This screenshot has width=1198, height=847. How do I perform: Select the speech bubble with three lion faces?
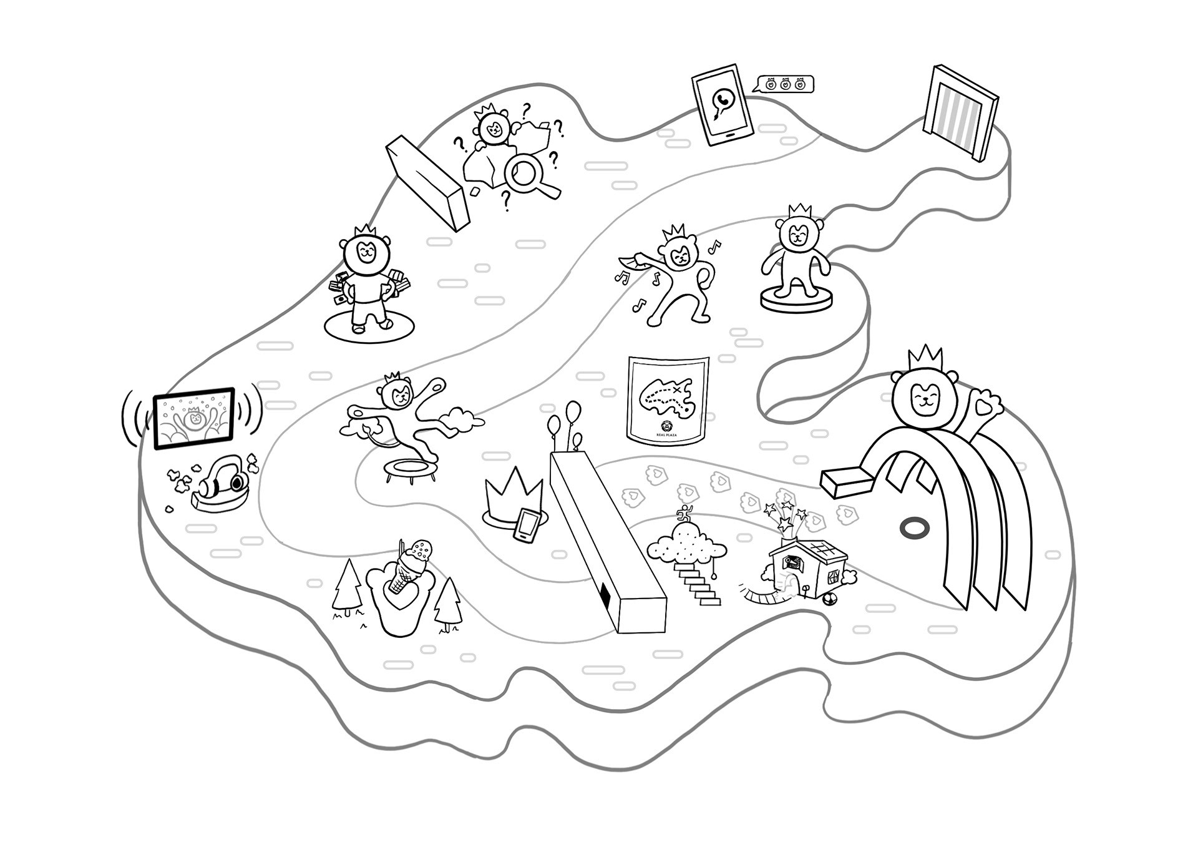click(785, 84)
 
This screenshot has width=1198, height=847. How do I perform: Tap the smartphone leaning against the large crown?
click(527, 526)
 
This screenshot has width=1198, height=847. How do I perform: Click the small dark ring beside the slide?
click(915, 528)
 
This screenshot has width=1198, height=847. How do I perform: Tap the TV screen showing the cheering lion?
click(194, 418)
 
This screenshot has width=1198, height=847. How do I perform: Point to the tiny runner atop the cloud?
click(684, 514)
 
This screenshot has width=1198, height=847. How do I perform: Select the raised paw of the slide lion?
click(983, 404)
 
